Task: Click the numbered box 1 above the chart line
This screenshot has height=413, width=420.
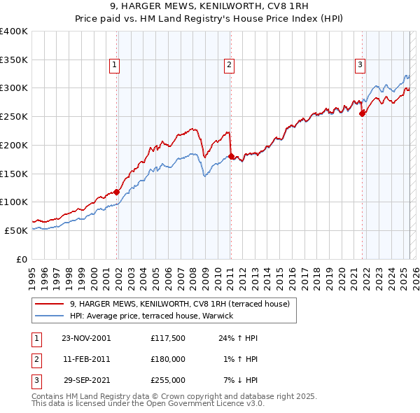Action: click(114, 65)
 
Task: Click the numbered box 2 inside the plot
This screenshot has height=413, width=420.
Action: click(229, 65)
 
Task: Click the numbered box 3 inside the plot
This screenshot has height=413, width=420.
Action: click(360, 65)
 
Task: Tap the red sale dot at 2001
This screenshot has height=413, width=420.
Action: click(117, 192)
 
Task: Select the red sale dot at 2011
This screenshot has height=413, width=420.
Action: click(231, 156)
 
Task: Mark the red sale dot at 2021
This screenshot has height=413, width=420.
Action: click(363, 113)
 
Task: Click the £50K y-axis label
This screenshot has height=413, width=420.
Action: click(16, 230)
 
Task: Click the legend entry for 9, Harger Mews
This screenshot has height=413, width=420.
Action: click(183, 304)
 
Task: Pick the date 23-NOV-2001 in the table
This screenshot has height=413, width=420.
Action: click(85, 338)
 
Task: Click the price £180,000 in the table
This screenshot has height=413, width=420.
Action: click(168, 359)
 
